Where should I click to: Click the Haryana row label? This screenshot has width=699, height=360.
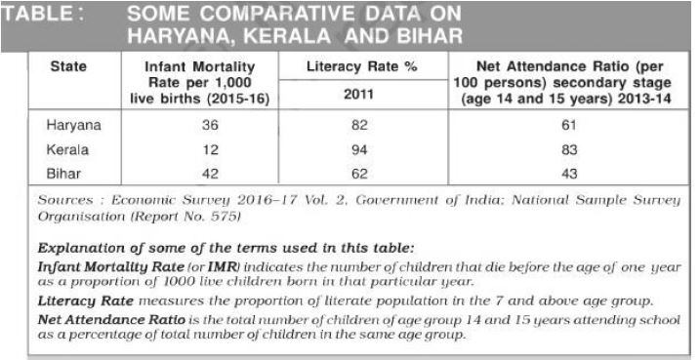tap(69, 126)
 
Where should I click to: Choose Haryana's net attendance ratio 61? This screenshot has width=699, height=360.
tap(570, 126)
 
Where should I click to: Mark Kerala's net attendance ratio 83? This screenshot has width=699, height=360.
tap(570, 150)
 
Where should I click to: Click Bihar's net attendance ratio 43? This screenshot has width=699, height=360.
tap(570, 173)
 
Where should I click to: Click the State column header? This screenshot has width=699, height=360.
tap(68, 66)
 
